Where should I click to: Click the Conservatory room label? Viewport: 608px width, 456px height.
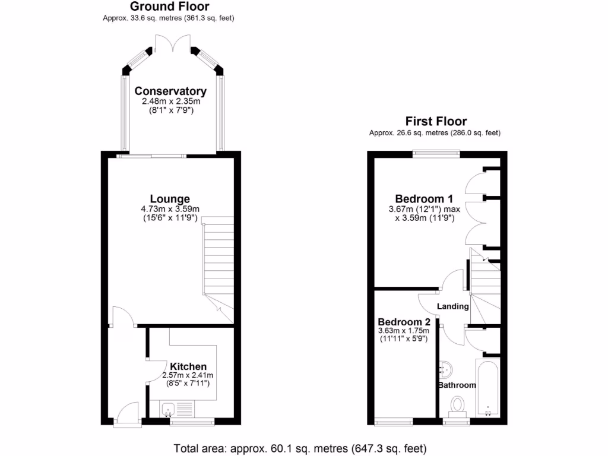coord(170,91)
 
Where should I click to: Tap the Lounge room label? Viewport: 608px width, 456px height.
coord(170,199)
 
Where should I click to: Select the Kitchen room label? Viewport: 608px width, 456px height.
coord(188,366)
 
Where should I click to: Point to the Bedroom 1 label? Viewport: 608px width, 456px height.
coord(424,199)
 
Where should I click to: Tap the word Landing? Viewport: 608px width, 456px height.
coord(453,306)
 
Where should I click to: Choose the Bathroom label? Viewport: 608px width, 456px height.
coord(457,385)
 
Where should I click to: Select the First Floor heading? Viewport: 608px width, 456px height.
coord(436,121)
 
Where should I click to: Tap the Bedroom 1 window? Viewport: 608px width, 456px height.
coord(436,154)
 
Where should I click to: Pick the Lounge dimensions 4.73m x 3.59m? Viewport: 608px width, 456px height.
coord(170,209)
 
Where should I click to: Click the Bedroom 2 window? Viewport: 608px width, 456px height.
coord(394,422)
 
